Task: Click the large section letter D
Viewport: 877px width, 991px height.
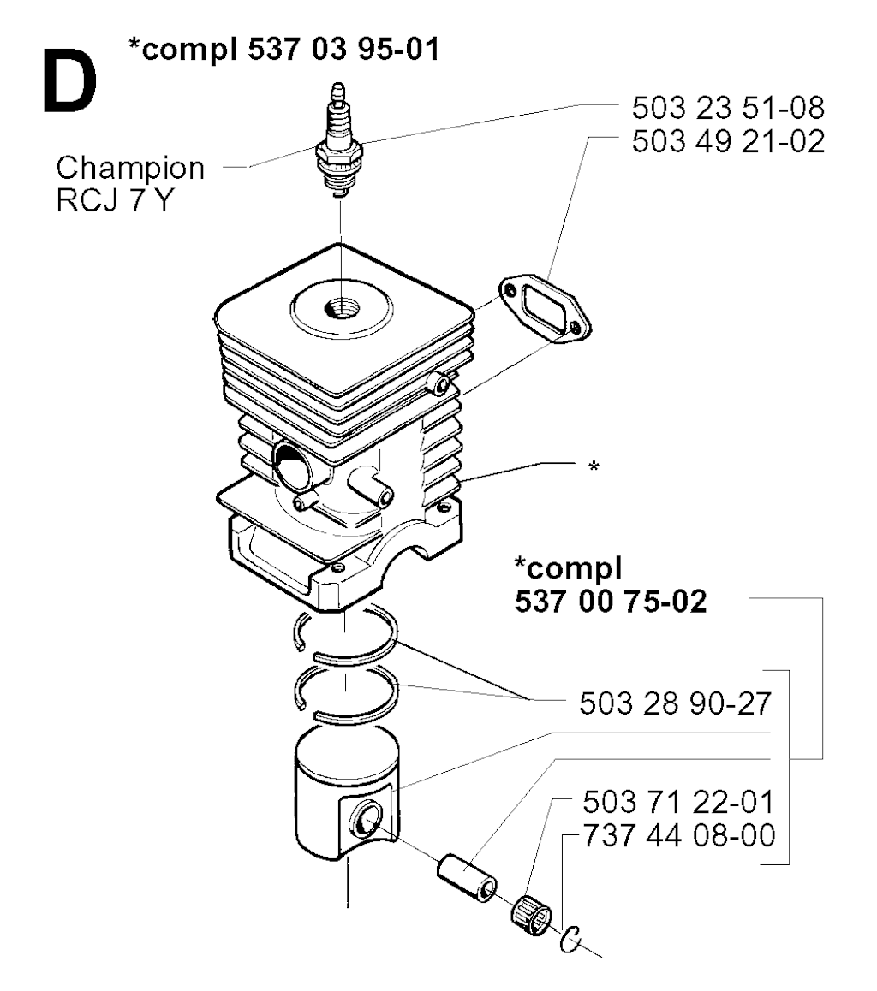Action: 70,82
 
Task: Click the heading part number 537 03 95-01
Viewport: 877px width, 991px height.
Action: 343,49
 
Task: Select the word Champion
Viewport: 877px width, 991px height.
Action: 130,169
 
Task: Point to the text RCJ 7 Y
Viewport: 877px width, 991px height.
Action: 115,201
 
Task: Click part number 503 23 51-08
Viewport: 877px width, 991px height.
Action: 729,108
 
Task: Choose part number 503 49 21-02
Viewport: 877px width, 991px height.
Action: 729,141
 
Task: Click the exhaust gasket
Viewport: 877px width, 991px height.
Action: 545,308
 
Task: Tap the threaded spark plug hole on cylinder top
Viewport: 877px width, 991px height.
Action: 342,309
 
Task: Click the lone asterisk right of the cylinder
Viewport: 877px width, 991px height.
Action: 594,467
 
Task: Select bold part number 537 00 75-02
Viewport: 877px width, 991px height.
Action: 611,601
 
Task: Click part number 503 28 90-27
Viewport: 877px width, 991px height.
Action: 675,703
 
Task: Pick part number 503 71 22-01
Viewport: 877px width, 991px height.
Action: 678,802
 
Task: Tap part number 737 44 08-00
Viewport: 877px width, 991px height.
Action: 678,835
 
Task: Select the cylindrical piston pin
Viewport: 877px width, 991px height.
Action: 468,878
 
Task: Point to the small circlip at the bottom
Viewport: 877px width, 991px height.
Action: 570,940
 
